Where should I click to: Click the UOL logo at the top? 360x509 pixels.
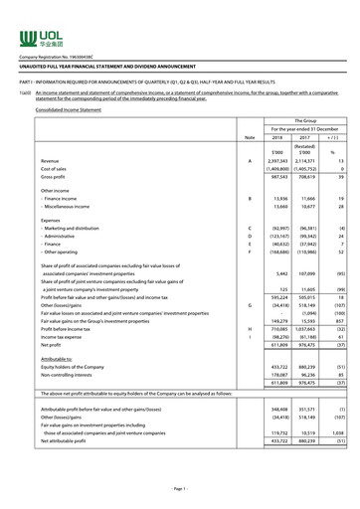37,40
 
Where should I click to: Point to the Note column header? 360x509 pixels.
250,136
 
